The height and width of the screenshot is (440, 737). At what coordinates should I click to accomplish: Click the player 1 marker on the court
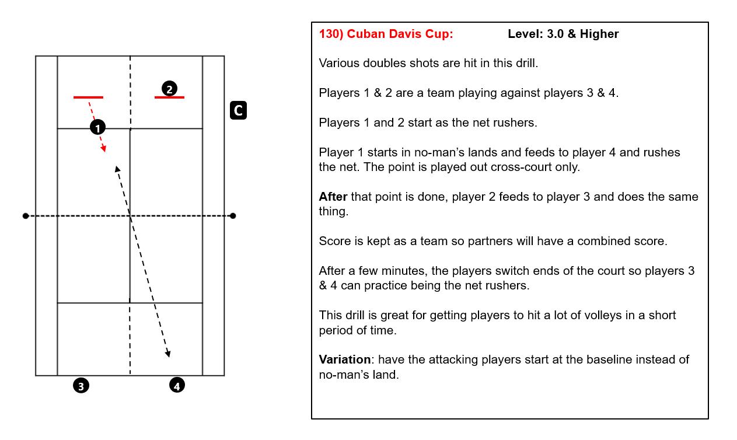[97, 127]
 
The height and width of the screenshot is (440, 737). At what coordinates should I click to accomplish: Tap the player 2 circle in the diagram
[169, 89]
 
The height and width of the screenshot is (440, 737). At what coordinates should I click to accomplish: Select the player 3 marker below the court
[81, 385]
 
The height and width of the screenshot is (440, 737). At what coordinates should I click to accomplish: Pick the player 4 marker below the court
[177, 385]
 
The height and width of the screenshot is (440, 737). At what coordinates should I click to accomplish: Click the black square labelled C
[238, 110]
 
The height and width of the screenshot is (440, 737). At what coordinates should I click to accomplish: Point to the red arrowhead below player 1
[103, 149]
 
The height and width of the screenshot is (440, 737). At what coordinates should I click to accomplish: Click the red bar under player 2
[169, 97]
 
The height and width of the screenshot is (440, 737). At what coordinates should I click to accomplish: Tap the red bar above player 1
[88, 97]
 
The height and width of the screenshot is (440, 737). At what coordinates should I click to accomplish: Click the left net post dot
[26, 216]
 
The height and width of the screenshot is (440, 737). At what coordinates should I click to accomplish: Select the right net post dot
[233, 216]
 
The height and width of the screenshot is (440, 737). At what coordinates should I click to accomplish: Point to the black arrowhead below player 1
[117, 169]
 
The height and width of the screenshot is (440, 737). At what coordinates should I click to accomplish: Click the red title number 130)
[331, 34]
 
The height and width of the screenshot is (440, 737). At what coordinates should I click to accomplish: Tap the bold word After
[333, 197]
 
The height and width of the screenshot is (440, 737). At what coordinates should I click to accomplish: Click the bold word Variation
[344, 359]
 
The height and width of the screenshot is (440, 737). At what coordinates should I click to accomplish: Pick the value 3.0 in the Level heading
[556, 34]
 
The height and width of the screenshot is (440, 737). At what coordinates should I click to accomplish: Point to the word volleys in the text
[603, 315]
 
